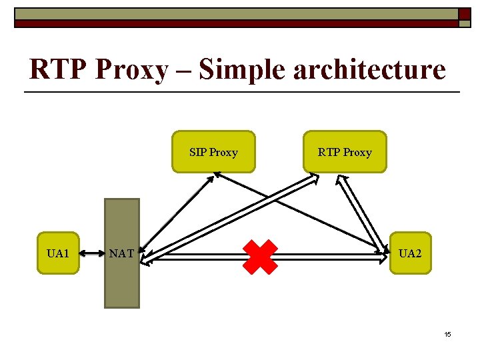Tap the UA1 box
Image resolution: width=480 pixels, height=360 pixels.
(58, 253)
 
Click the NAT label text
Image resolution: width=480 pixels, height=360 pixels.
(121, 253)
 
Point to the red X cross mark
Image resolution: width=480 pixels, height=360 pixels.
(260, 257)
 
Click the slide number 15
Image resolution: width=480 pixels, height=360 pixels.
(447, 333)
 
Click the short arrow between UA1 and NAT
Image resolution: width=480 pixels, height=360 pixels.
(93, 253)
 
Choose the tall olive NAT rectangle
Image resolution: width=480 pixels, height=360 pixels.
(121, 287)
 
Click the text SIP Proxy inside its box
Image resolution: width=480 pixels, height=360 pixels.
(213, 152)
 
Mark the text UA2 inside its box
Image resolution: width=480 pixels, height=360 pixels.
(410, 253)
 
